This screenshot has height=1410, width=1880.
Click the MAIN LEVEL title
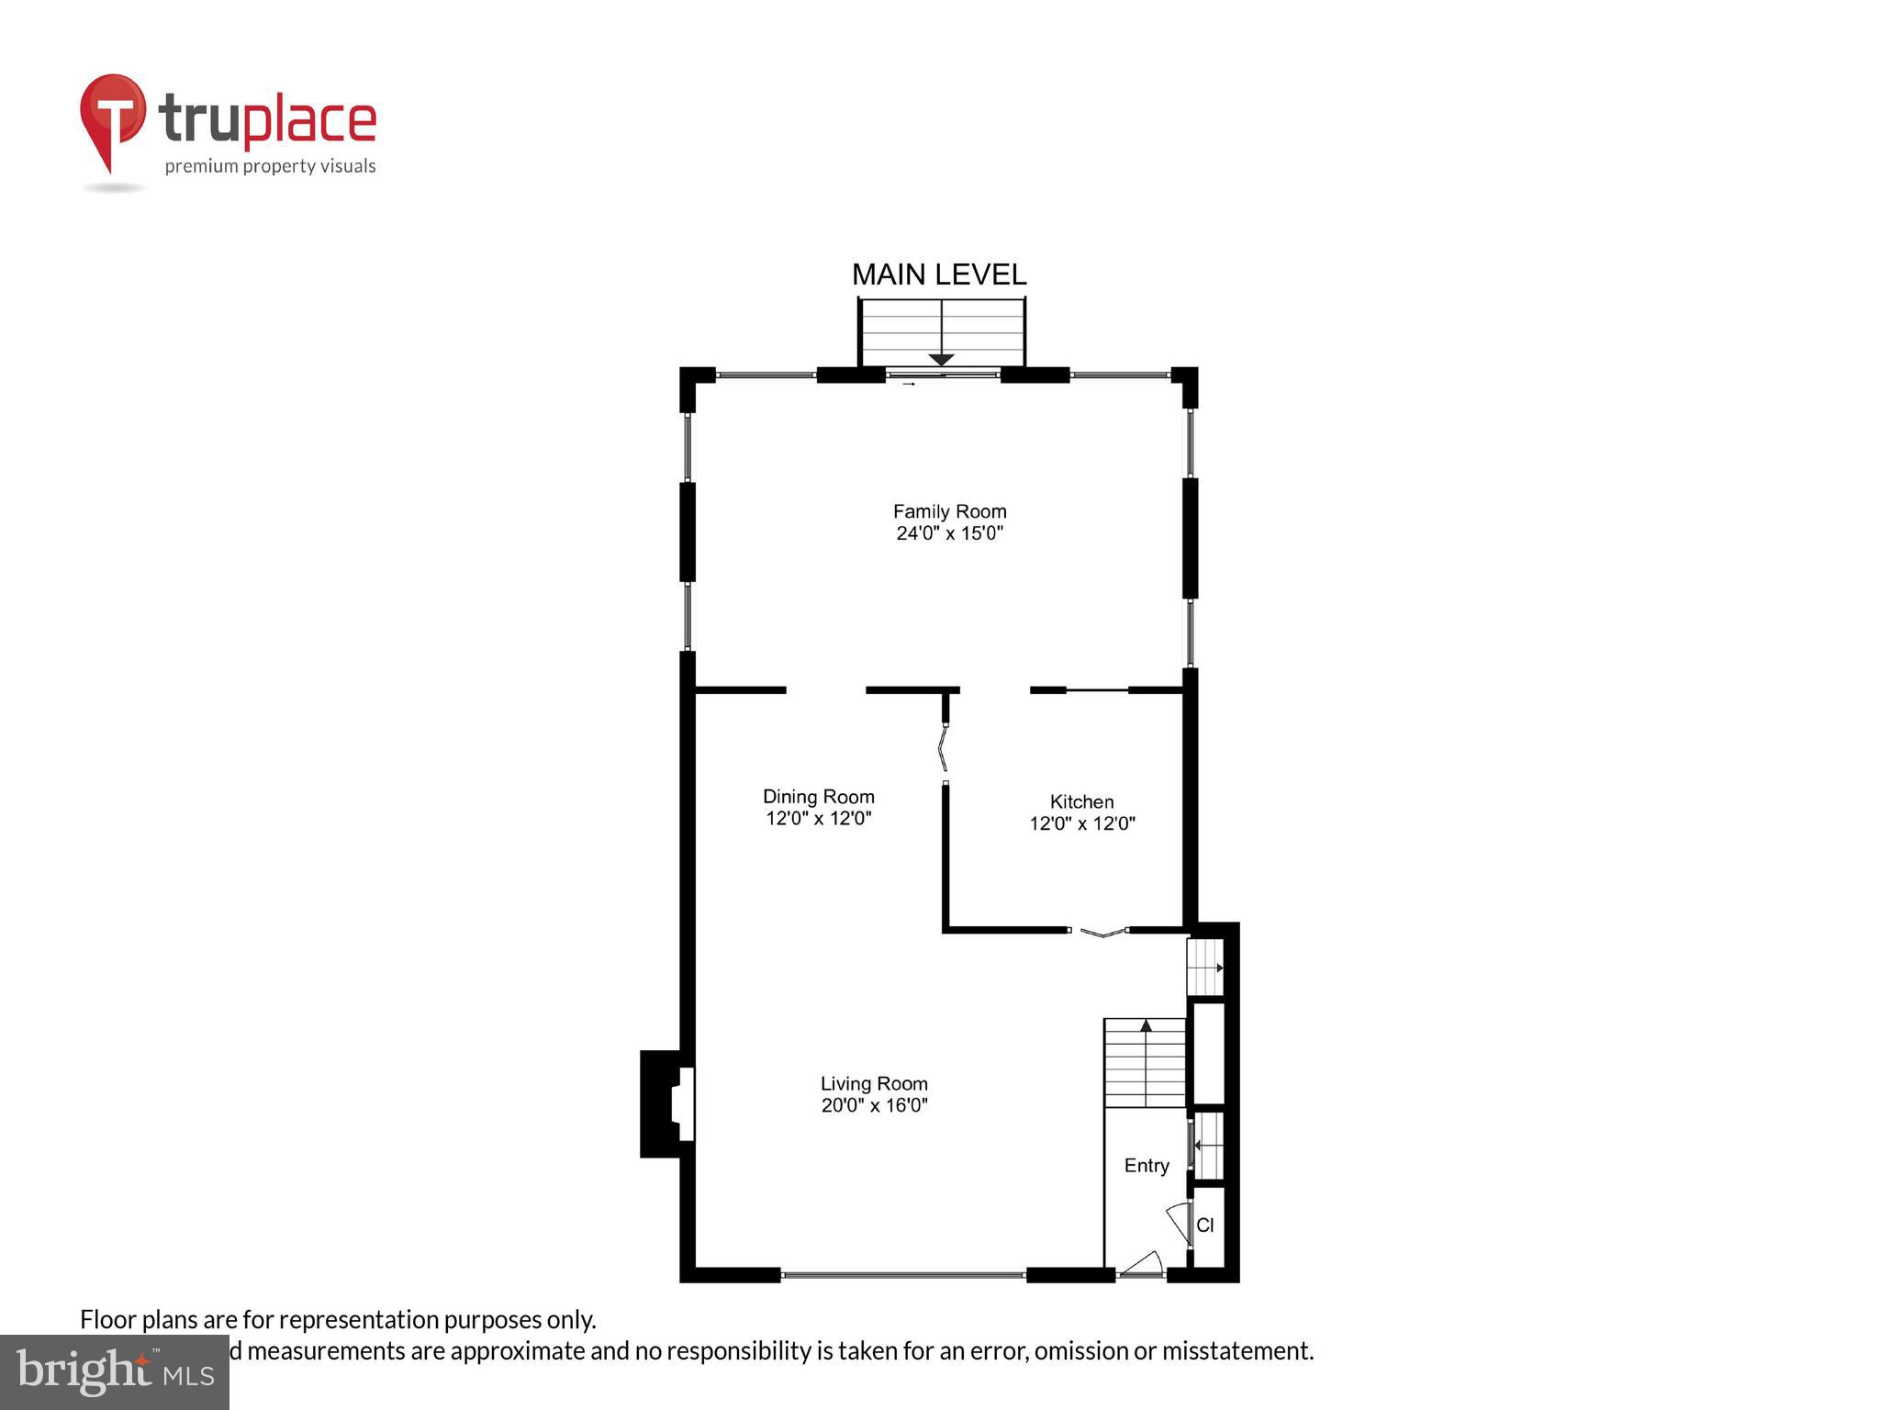click(x=939, y=274)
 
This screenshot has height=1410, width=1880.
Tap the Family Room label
click(x=949, y=511)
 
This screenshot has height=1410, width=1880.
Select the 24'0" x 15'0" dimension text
click(x=949, y=533)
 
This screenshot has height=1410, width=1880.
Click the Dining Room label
click(x=818, y=797)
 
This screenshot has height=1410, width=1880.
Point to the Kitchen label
click(x=1081, y=801)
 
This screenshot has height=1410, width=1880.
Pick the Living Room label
click(x=874, y=1083)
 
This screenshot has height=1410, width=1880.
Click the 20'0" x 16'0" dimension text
click(x=874, y=1105)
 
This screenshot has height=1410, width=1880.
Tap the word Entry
click(x=1147, y=1165)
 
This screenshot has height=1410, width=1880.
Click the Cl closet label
click(x=1205, y=1225)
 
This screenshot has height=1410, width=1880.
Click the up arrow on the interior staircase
click(x=1146, y=1025)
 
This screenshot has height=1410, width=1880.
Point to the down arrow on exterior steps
click(x=941, y=359)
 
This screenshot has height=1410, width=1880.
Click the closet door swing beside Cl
click(x=1179, y=1224)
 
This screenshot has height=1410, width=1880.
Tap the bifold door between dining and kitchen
click(x=943, y=749)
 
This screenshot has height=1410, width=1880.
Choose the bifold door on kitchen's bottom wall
click(x=1100, y=933)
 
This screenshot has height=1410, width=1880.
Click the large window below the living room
click(x=902, y=1274)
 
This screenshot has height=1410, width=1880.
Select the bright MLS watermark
click(x=115, y=1372)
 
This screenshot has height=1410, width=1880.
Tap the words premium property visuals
click(x=270, y=166)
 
